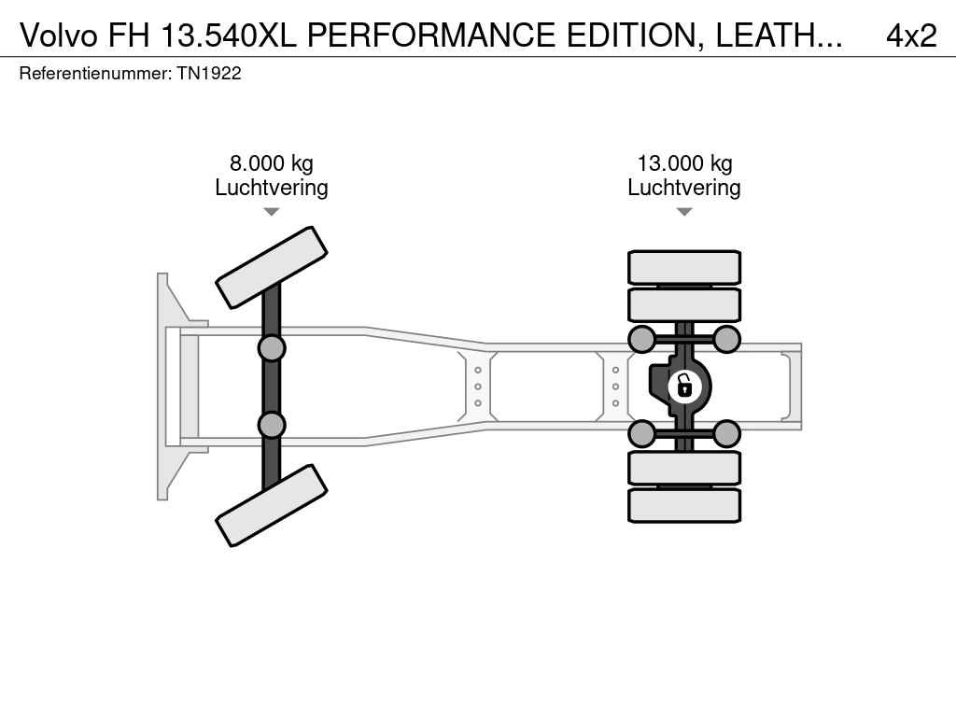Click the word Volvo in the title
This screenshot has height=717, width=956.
(x=59, y=35)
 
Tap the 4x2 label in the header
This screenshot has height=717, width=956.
(x=911, y=35)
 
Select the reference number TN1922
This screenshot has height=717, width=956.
(x=209, y=74)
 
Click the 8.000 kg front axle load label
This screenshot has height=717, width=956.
(x=272, y=163)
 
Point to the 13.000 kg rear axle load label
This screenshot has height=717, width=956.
(x=684, y=163)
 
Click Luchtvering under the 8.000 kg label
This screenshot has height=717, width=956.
(x=272, y=188)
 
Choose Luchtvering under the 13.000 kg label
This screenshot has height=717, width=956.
(x=684, y=188)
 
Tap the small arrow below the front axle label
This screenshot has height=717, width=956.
(x=272, y=212)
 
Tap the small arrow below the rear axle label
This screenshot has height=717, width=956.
(x=684, y=212)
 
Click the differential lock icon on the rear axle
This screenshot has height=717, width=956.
(x=684, y=386)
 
